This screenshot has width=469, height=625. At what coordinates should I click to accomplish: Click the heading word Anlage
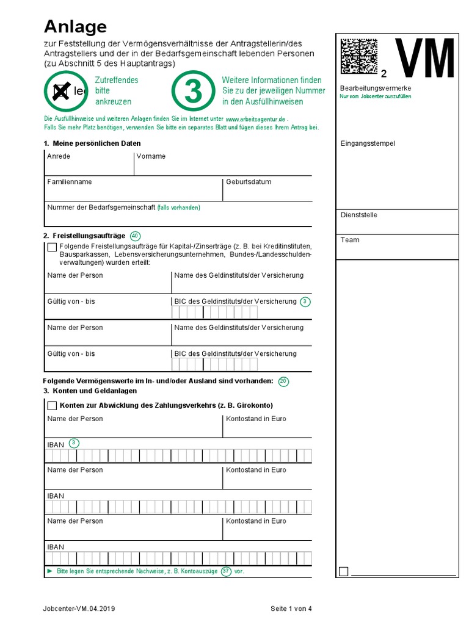pos(75,26)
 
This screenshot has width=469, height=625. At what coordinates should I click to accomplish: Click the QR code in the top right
pos(359,56)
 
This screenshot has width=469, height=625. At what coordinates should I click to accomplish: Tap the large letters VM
pos(424,59)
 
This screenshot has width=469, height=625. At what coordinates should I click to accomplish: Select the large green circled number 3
pos(192,91)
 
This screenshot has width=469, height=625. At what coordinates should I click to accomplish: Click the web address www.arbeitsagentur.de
pos(255,119)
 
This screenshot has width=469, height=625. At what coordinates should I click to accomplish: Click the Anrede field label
pos(59,156)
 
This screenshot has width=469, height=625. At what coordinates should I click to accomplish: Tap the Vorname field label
pos(151,156)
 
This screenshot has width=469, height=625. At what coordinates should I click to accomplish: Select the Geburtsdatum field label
pos(249,182)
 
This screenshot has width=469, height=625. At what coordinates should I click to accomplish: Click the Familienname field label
pos(70,182)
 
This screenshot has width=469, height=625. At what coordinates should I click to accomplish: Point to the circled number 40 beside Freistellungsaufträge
pos(136,236)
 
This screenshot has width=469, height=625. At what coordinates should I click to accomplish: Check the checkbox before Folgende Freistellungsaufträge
pos(52,247)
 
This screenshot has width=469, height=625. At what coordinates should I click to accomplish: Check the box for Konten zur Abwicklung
pos(52,406)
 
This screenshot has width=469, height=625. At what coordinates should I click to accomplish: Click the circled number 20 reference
pos(283,381)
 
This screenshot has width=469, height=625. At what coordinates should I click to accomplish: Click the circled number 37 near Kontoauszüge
pos(226,572)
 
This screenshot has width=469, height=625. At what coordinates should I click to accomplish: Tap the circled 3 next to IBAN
pos(75,443)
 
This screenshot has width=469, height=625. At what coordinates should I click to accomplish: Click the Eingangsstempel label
pos(368,143)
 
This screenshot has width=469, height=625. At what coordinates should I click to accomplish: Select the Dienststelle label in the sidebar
pos(358,215)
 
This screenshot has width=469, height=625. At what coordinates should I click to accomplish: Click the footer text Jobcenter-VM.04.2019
pos(79,609)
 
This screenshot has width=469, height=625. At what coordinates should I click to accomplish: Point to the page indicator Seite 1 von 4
pos(291,609)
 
